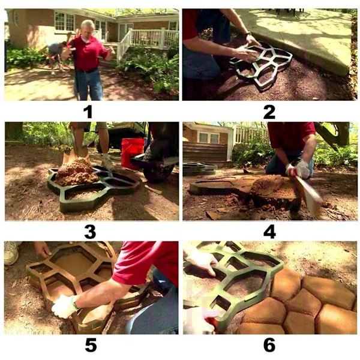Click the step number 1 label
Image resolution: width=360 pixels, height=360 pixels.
[x=88, y=112]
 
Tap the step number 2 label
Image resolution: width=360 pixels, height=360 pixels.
[x=269, y=112]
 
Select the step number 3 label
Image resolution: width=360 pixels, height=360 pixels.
[x=90, y=232]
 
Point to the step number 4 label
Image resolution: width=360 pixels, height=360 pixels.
[x=269, y=232]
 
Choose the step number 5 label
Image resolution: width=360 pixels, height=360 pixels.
[x=91, y=345]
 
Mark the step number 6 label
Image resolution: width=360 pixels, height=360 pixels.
[x=269, y=345]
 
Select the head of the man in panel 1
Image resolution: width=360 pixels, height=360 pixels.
[x=88, y=28]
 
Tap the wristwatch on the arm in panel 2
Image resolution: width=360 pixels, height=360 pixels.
[x=248, y=34]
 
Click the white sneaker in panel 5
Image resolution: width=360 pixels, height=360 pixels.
[x=11, y=253]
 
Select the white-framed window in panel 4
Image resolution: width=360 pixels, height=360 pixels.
[x=208, y=138]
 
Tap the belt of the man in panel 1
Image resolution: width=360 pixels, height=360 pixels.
[x=88, y=70]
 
